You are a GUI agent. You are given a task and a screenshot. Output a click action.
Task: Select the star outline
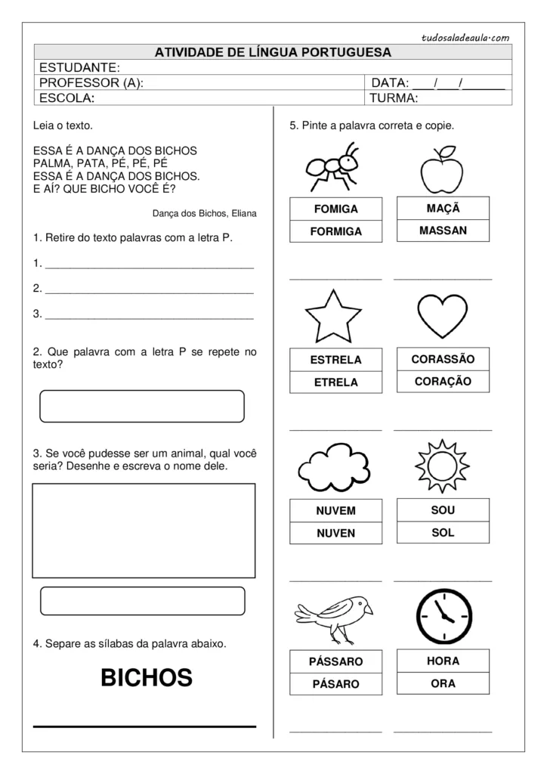coord(333,317)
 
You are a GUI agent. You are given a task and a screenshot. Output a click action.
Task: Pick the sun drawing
coord(443,468)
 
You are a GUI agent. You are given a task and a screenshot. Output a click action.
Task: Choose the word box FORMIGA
coord(336,231)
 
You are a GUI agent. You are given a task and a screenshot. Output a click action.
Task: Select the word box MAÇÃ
coord(443,208)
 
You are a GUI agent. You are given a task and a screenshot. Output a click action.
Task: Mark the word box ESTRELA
coord(336,360)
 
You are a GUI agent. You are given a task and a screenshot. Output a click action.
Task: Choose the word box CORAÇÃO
coord(443,382)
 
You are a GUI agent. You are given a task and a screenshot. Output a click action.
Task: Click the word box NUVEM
coord(336,511)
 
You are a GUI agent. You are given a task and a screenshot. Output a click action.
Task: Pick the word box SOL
coord(443,533)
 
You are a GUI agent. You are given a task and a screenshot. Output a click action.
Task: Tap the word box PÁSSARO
coord(336,661)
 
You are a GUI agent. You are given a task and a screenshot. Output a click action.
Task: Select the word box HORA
coord(443,661)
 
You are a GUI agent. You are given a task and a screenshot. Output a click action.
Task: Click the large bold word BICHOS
coord(147,677)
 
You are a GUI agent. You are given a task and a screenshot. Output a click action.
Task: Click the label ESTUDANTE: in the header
coord(79,68)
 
